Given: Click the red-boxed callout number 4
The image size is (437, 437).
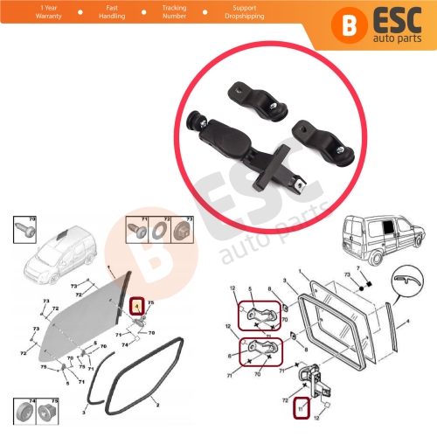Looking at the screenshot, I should click(x=136, y=305).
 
